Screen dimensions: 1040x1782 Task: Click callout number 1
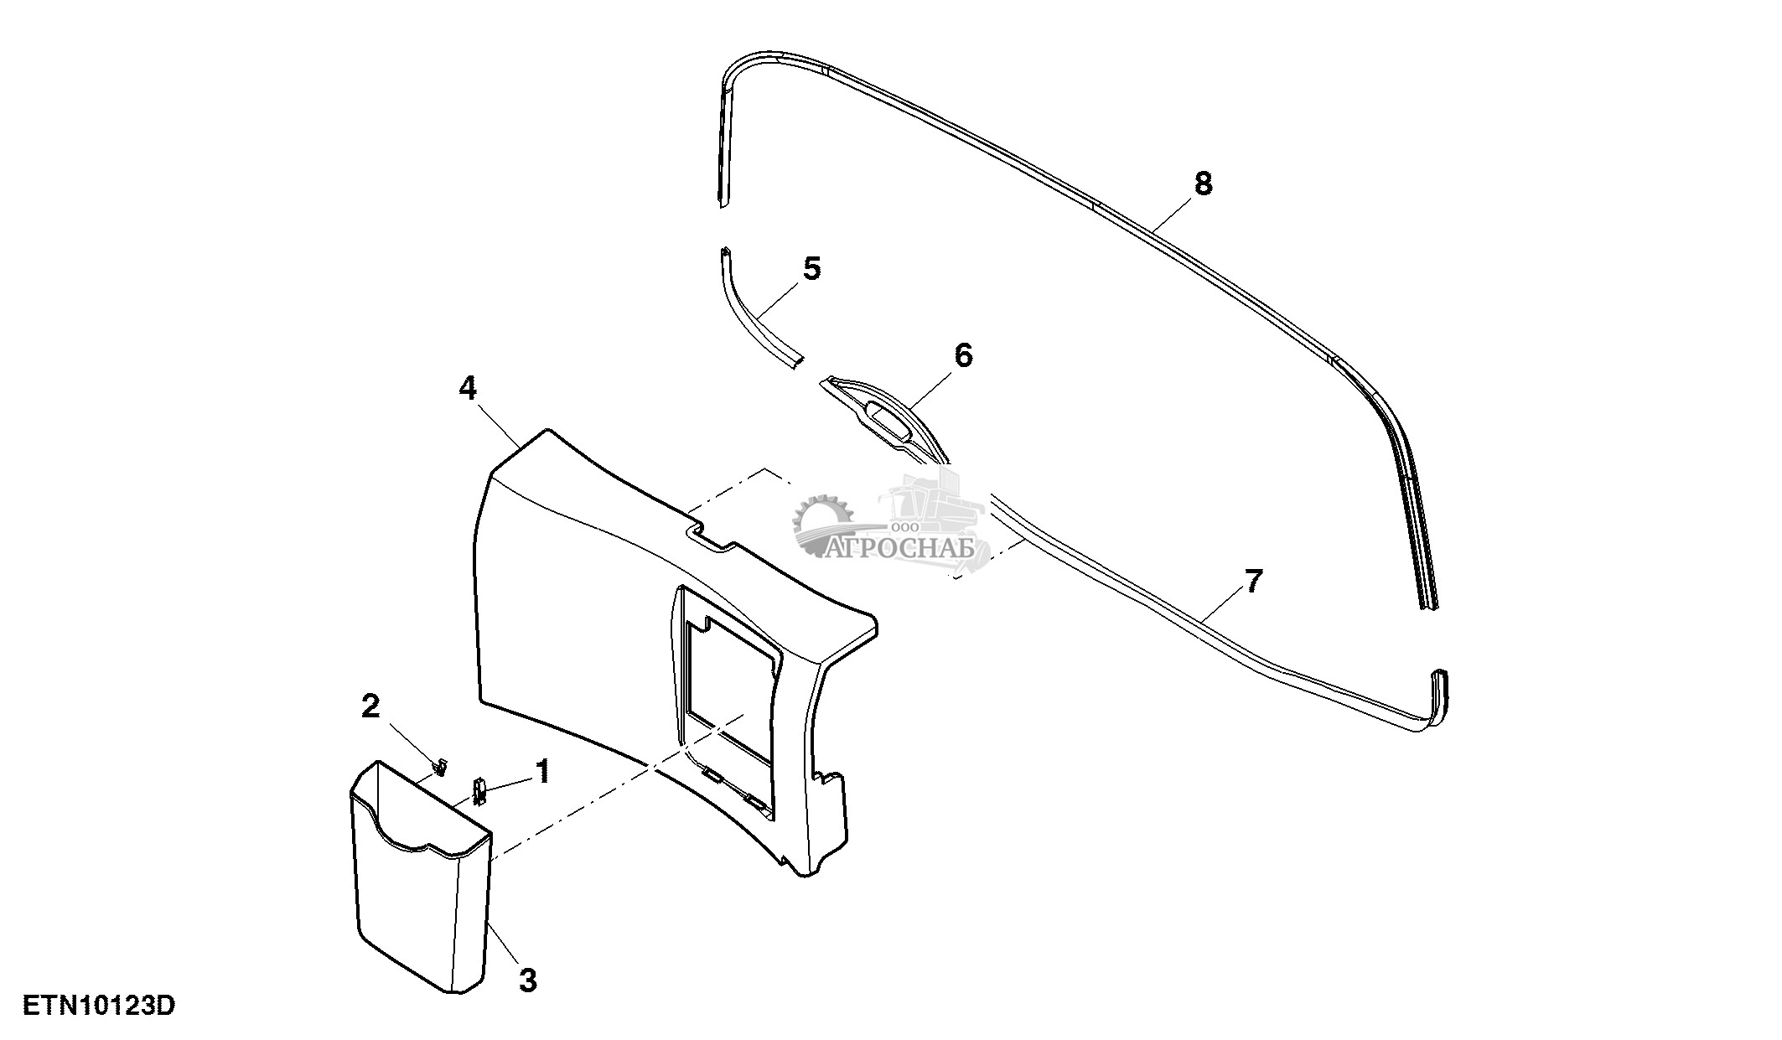[x=543, y=771]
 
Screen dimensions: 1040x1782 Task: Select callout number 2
[x=370, y=706]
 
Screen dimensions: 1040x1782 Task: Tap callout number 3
[x=527, y=980]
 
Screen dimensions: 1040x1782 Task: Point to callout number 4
[x=468, y=388]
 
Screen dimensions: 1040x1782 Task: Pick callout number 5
[x=811, y=269]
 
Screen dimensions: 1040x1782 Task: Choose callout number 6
[x=963, y=355]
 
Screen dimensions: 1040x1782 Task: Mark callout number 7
[x=1252, y=581]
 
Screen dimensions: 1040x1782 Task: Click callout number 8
[x=1203, y=183]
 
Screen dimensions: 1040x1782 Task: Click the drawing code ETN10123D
[x=99, y=1006]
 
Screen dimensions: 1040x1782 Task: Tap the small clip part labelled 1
[x=480, y=790]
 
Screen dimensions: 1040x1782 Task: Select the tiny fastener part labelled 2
[x=440, y=764]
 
